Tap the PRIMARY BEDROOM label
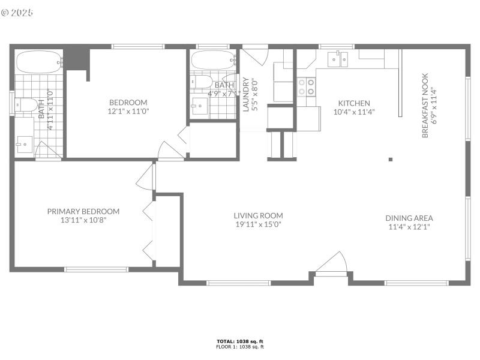click(x=83, y=211)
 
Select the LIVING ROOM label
click(x=258, y=215)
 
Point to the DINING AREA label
click(x=409, y=218)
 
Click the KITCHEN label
click(x=354, y=103)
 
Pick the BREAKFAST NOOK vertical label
click(x=425, y=106)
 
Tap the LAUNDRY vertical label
click(x=245, y=95)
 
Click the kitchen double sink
click(x=338, y=59)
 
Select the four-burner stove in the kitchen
click(x=307, y=87)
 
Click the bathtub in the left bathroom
click(x=39, y=61)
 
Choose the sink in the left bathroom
click(x=25, y=143)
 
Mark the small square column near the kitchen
click(x=391, y=159)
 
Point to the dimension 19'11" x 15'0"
click(x=258, y=224)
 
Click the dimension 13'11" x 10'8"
click(x=83, y=220)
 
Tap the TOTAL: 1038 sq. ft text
click(x=240, y=341)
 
